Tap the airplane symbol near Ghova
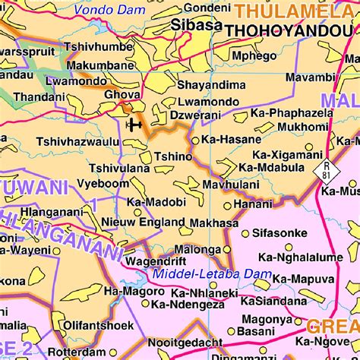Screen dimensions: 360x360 pyautogui.click(x=134, y=125)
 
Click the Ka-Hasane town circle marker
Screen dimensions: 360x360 pyautogui.click(x=195, y=140)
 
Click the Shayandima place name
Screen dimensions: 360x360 pyautogui.click(x=207, y=85)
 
